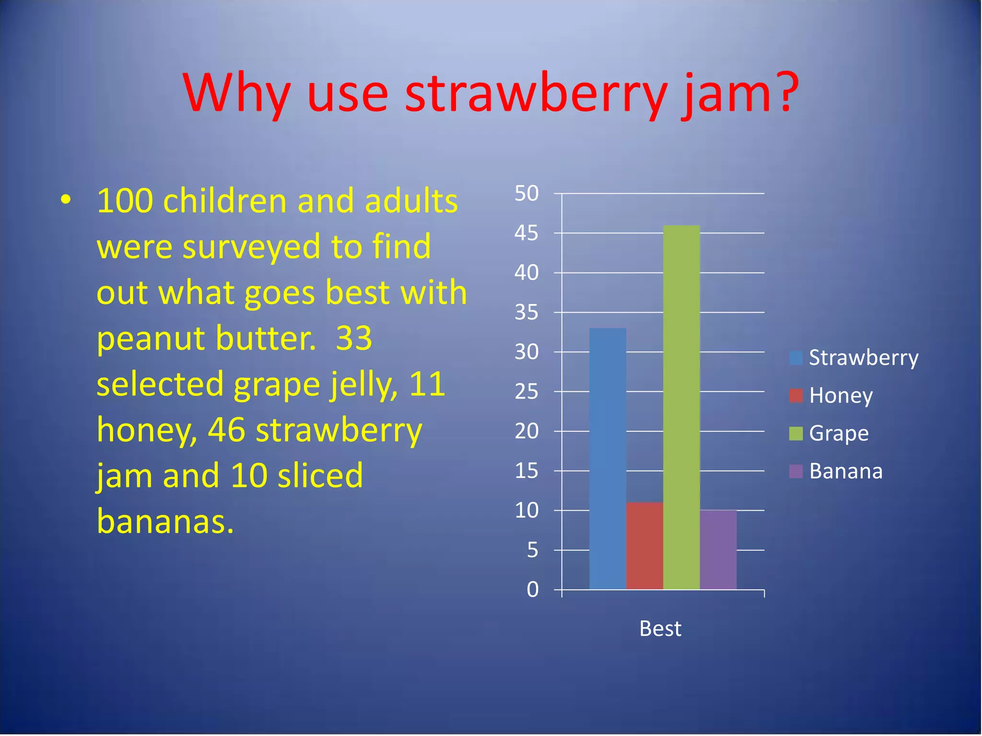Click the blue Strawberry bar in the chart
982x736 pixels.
[x=608, y=459]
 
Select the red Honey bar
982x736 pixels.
[x=644, y=546]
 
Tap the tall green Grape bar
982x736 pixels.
[x=681, y=407]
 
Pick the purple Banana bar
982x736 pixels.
[x=718, y=550]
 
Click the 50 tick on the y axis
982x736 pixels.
[x=526, y=194]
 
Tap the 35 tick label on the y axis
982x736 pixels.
[x=526, y=312]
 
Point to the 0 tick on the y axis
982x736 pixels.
[x=532, y=590]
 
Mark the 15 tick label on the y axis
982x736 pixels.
[x=526, y=471]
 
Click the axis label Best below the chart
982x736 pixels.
[x=660, y=629]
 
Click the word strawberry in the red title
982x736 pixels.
[x=536, y=93]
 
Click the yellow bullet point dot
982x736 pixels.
[x=66, y=200]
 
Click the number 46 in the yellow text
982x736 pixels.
[x=226, y=430]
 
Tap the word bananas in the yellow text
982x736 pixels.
[x=165, y=522]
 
